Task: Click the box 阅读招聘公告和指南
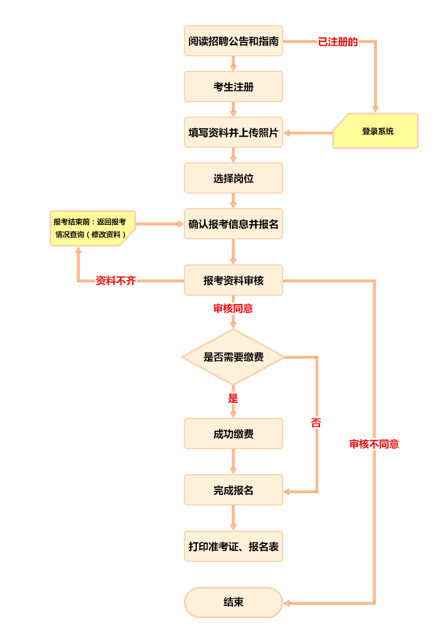234,41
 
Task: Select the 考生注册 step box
234,86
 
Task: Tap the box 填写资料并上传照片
234,132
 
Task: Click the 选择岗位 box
234,178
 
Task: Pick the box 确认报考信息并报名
234,224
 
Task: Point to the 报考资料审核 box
234,280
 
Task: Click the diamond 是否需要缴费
234,356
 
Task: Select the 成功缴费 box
234,433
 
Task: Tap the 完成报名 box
234,490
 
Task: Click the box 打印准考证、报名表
234,546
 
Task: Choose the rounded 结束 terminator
234,602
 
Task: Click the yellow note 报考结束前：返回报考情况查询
93,228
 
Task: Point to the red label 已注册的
338,42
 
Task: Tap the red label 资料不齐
116,281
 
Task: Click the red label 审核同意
233,309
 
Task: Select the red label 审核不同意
374,444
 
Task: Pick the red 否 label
316,423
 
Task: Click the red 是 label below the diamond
233,398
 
